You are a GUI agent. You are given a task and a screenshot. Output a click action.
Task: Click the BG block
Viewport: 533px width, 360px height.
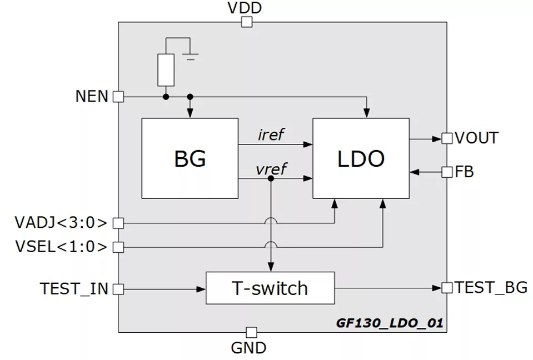190,158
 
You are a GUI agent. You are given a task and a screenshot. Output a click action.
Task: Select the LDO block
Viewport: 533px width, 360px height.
361,158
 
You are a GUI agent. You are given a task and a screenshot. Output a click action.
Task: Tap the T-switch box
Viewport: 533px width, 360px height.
270,288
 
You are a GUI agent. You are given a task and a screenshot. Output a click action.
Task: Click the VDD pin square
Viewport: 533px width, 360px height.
246,22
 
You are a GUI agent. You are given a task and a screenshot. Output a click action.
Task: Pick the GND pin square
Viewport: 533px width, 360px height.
251,332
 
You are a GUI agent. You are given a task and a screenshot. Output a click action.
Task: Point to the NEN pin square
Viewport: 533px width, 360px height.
118,97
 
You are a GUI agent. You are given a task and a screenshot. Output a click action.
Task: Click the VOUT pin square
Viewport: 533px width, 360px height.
447,138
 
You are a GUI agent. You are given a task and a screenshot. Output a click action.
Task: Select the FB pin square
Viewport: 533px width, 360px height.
447,172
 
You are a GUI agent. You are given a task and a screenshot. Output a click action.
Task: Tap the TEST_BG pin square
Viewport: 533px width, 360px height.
447,288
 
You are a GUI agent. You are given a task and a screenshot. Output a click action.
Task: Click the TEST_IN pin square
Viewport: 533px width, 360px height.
118,288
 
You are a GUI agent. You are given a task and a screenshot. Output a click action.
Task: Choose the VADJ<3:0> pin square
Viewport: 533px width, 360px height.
118,223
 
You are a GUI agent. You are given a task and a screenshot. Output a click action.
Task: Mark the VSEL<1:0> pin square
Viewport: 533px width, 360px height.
118,246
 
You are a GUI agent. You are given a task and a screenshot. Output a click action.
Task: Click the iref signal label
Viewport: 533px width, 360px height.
271,135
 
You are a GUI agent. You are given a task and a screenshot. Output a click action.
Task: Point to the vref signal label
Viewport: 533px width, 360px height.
271,169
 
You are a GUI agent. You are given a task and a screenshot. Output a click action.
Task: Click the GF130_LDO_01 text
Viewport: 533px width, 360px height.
390,323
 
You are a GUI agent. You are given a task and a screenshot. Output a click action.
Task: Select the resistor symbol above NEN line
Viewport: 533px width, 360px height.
166,70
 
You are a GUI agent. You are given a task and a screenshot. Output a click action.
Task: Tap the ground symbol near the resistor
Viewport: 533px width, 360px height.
191,56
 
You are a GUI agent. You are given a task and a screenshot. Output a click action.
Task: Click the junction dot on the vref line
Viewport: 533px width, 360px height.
271,179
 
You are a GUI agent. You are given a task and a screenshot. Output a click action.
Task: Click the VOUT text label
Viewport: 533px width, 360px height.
476,138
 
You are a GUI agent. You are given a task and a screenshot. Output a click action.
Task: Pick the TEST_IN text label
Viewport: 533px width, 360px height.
74,288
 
